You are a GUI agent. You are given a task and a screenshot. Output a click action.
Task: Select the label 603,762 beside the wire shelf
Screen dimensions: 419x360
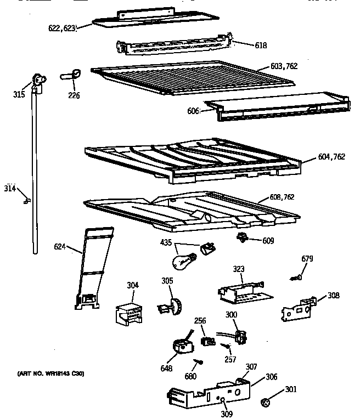[284, 66]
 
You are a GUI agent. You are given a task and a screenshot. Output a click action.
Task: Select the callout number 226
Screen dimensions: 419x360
[74, 95]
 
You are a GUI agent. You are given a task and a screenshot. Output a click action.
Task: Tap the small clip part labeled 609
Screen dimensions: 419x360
[241, 238]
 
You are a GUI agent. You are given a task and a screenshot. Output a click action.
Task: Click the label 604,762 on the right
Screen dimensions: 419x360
[331, 157]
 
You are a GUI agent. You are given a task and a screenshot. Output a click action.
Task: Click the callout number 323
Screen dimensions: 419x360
[238, 269]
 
